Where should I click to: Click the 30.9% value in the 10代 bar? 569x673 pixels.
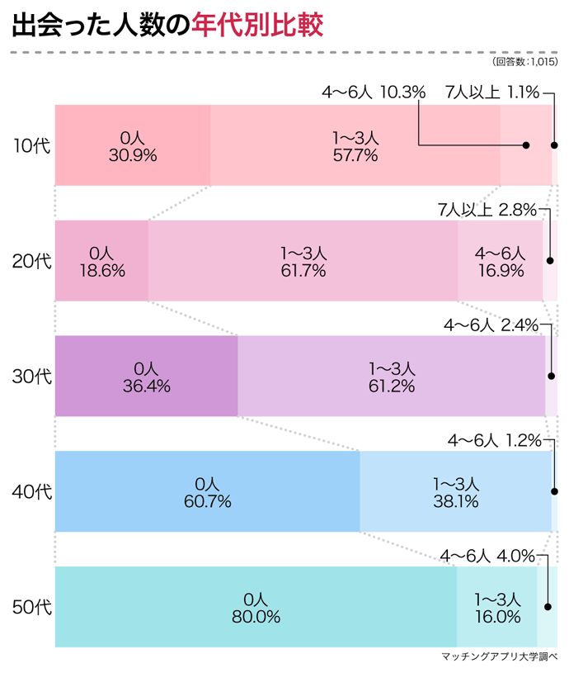point(133,154)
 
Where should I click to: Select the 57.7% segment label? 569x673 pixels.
point(355,154)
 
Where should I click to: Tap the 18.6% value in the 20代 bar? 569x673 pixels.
point(101,270)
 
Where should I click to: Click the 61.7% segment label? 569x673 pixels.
point(303,270)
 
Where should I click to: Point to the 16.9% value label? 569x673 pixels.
point(500,270)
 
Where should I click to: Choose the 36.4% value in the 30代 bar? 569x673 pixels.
point(147,386)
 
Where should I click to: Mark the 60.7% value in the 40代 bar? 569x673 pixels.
point(207,501)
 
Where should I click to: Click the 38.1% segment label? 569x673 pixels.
point(456,501)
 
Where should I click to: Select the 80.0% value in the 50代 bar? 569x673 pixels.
point(256,617)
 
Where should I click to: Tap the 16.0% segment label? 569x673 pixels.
point(497,617)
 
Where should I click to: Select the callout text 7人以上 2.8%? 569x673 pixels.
point(487,209)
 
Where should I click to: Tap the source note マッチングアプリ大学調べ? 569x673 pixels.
point(500,658)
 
